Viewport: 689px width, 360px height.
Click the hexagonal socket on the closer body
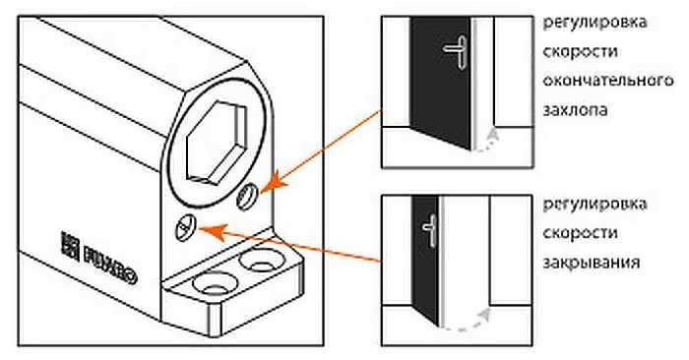tap(217, 142)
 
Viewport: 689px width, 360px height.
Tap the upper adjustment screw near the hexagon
tap(246, 197)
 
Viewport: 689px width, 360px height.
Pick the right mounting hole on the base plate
tap(262, 262)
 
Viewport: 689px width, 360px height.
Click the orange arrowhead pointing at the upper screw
tap(273, 183)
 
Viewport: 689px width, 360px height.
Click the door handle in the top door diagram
tap(456, 51)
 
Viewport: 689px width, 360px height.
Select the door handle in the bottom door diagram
tap(430, 229)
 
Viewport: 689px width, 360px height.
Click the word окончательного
tap(607, 81)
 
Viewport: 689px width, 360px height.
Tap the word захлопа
tap(575, 110)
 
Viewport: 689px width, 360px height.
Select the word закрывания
tap(591, 263)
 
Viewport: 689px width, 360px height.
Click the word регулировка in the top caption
tap(595, 23)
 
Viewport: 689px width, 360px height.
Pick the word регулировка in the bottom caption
tap(595, 205)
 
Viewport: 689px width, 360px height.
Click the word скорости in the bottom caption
tap(581, 233)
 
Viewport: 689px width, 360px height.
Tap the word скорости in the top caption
tap(581, 52)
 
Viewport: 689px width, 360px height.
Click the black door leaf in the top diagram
tap(440, 82)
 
